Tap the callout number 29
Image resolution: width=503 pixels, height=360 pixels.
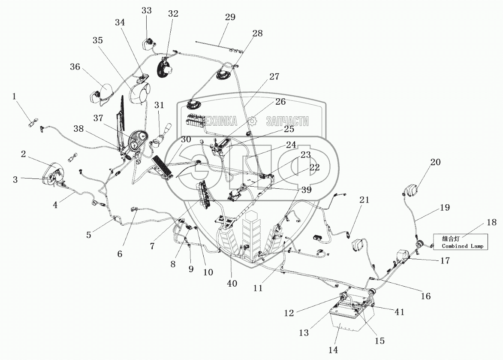pyautogui.click(x=230, y=17)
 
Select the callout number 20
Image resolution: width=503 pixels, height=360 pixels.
pyautogui.click(x=435, y=162)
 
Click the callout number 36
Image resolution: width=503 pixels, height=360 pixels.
pyautogui.click(x=75, y=67)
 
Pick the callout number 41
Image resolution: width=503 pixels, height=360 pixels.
pyautogui.click(x=399, y=312)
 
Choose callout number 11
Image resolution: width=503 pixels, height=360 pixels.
pyautogui.click(x=257, y=288)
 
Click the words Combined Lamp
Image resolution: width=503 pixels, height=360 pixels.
pyautogui.click(x=462, y=246)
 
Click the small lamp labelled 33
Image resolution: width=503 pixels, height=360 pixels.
pyautogui.click(x=148, y=44)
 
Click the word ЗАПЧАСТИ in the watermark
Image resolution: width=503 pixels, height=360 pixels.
pyautogui.click(x=287, y=121)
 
